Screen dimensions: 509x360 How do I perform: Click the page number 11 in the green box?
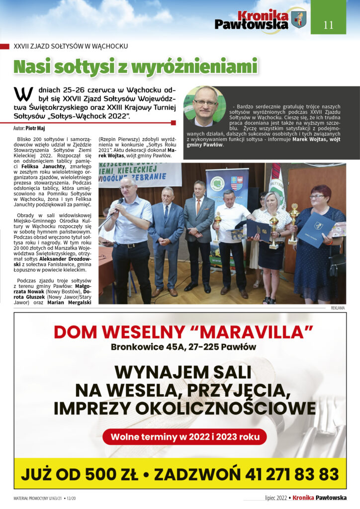pos(328,25)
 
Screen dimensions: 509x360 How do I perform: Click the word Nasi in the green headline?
pos(32,66)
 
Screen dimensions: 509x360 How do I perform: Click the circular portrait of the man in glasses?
pos(204,106)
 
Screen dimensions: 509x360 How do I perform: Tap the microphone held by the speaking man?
pos(118,204)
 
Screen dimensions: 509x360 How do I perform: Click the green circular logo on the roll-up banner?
pos(218,184)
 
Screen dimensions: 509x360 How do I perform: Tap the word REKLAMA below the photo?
pos(338,308)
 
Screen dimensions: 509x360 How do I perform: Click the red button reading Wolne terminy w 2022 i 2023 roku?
pos(184,437)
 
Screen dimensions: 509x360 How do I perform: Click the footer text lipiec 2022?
pos(276,498)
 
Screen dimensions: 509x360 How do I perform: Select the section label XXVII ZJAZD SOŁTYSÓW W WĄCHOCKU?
pos(71,46)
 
